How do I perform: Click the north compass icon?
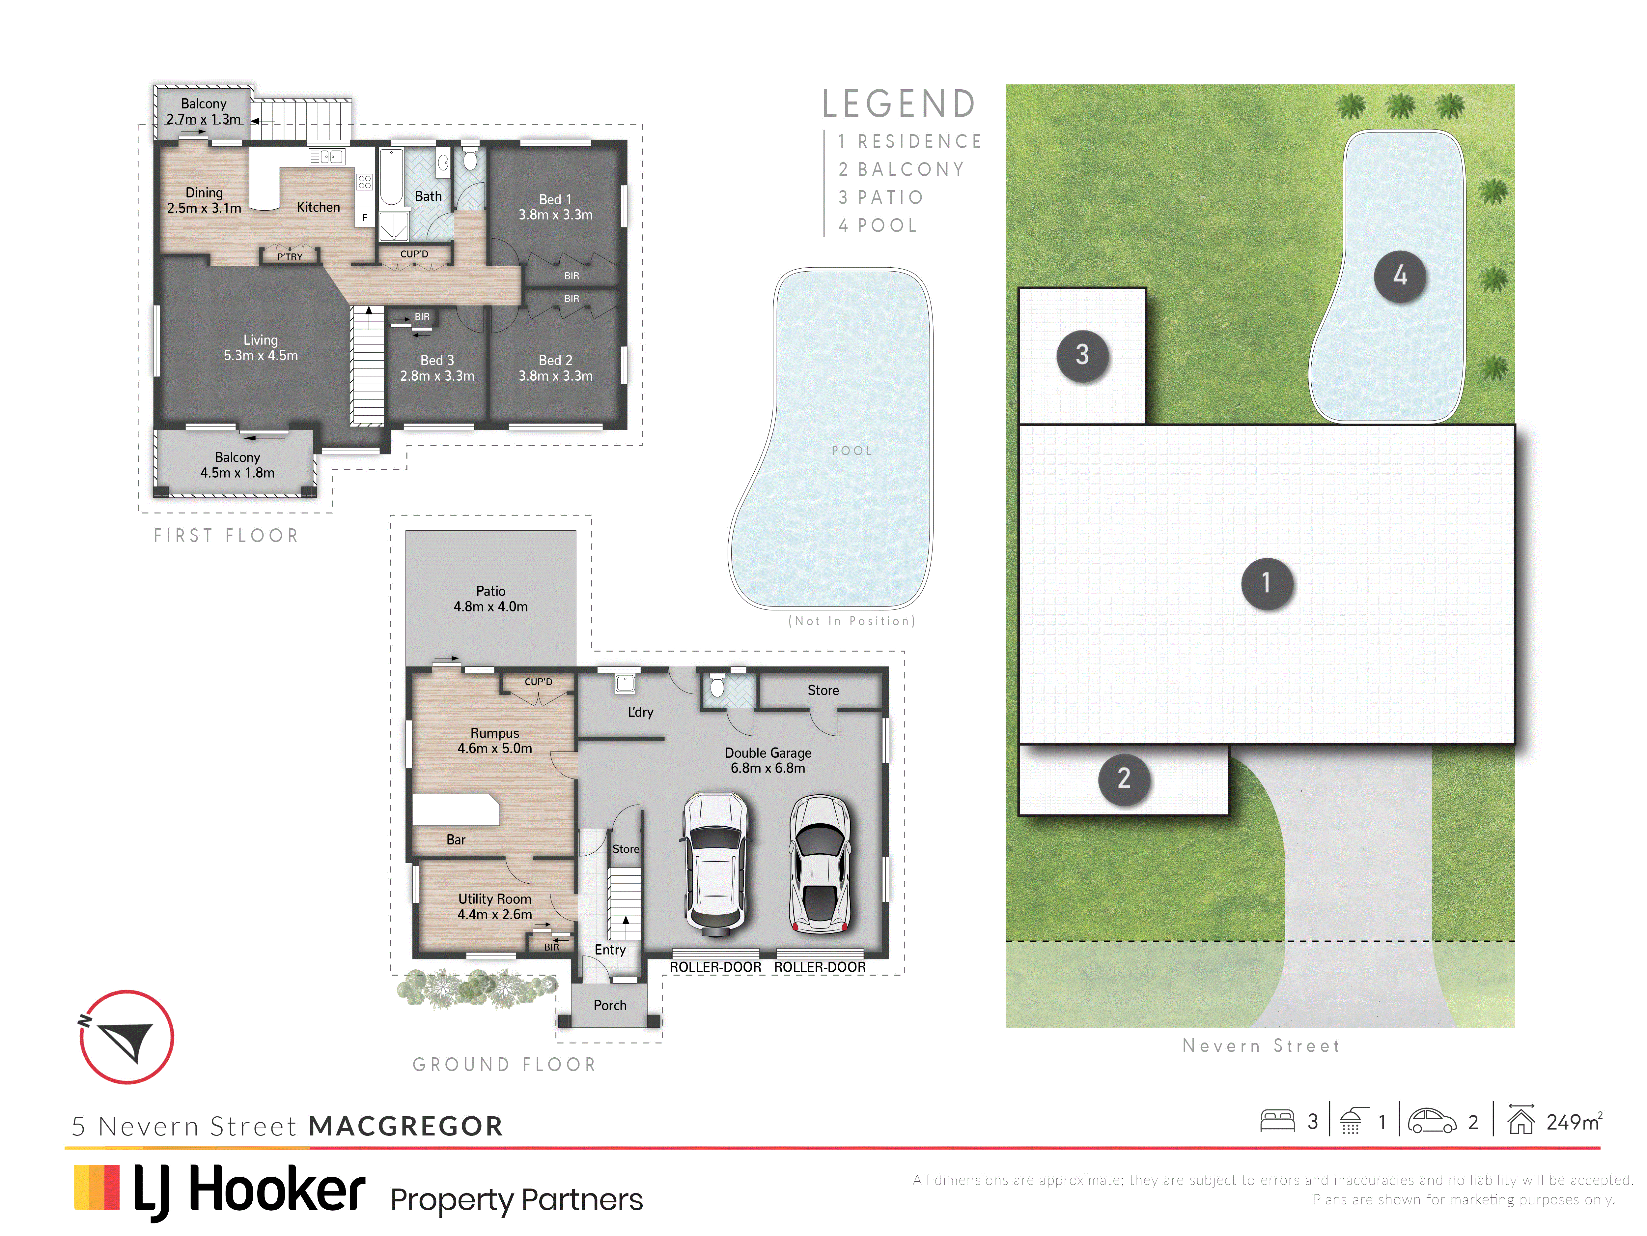(x=126, y=1037)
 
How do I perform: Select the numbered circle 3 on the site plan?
(x=1083, y=355)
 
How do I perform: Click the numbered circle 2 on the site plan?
(x=1124, y=779)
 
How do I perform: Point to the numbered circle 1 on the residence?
(x=1267, y=583)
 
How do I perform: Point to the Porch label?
(x=610, y=1005)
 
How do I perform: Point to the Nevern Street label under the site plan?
(x=1261, y=1046)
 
